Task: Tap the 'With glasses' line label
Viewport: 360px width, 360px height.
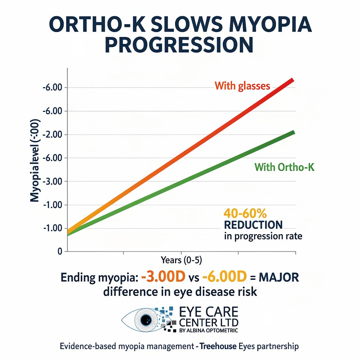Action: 243,85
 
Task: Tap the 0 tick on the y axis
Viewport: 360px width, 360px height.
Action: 60,252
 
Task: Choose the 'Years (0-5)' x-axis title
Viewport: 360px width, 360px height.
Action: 181,260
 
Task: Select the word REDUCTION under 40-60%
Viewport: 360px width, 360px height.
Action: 253,225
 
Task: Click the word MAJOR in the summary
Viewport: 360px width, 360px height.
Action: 279,277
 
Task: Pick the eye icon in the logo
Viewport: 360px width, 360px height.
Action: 144,319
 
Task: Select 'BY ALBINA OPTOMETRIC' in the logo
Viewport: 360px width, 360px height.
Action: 208,330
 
